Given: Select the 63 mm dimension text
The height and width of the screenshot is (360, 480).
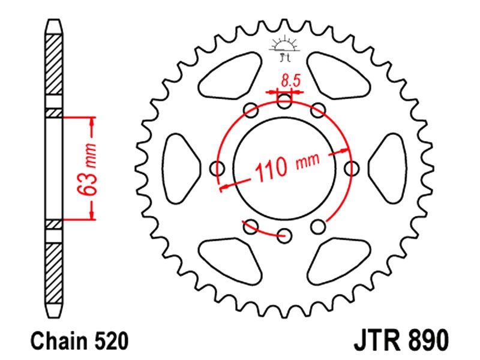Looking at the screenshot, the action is pyautogui.click(x=87, y=169).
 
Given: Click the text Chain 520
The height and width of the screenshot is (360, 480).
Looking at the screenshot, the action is pyautogui.click(x=79, y=341).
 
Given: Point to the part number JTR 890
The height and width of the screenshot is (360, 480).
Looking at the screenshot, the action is pyautogui.click(x=401, y=340).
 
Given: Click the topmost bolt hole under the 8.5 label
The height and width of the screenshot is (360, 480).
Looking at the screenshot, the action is pyautogui.click(x=284, y=101).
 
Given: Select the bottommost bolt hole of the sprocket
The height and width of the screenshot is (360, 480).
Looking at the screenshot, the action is pyautogui.click(x=284, y=235).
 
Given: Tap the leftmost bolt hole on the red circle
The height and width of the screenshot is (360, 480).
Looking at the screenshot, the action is pyautogui.click(x=218, y=169).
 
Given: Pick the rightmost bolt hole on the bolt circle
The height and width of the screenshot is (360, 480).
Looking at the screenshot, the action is pyautogui.click(x=352, y=169).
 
